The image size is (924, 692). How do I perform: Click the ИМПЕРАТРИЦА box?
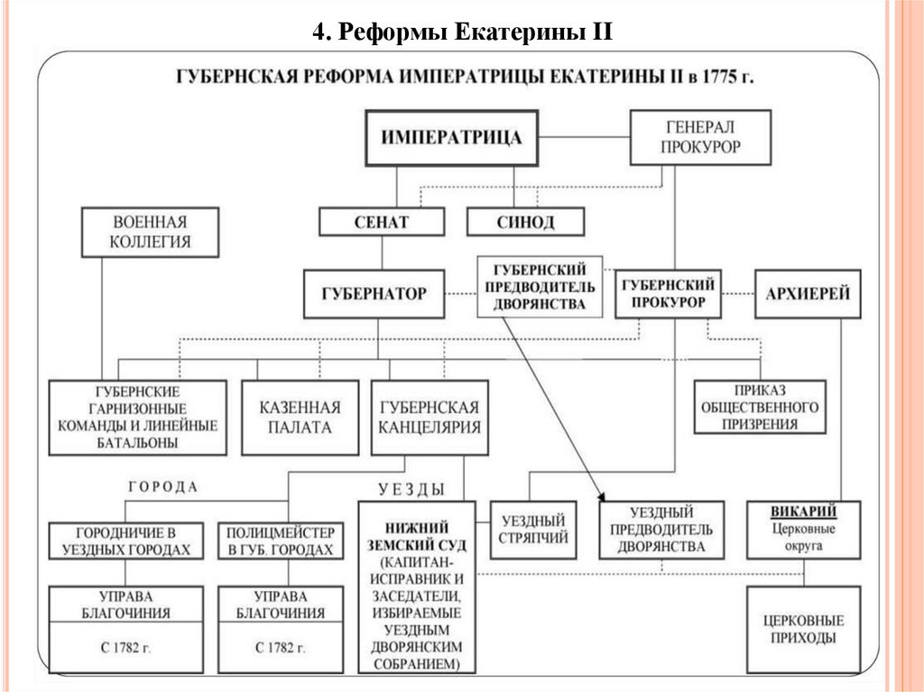pos(451,138)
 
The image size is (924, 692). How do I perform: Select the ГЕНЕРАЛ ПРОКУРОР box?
pos(700,137)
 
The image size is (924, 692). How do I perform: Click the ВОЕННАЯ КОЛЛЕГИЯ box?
pos(150,232)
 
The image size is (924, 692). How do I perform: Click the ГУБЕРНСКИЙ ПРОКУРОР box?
pos(669,293)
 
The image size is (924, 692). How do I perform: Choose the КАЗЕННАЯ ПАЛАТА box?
pos(301,417)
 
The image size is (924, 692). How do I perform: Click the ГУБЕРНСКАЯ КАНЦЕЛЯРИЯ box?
pos(430,417)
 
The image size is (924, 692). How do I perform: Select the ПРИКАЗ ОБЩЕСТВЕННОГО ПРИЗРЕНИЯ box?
pos(760,407)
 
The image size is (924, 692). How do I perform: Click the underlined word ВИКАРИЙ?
pos(803,512)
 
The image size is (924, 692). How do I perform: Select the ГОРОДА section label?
pos(163,486)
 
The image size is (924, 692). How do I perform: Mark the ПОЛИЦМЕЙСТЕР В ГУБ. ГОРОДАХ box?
pos(280,540)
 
